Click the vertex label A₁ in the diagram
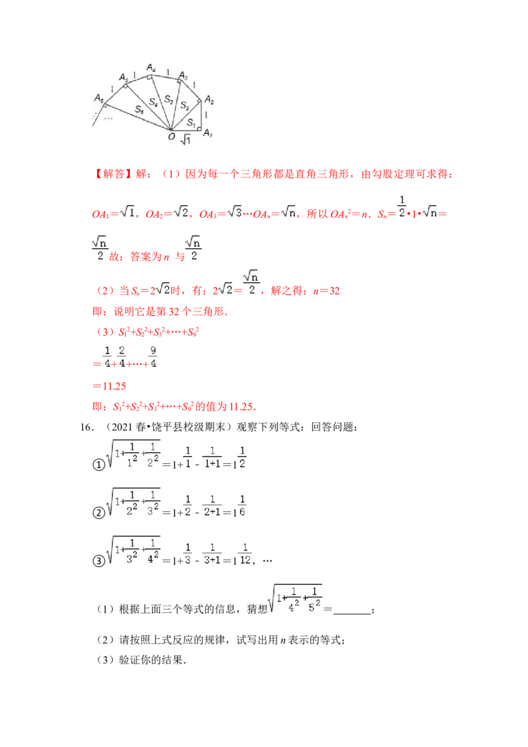(x=208, y=133)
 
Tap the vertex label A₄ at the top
(x=151, y=68)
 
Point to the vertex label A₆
(x=99, y=98)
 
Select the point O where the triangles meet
(x=172, y=136)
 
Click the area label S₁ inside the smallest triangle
(x=190, y=123)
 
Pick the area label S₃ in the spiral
(x=169, y=99)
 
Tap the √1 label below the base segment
(x=185, y=139)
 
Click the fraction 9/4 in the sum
(x=152, y=356)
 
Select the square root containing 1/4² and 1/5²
(x=295, y=599)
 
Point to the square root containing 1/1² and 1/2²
(x=135, y=454)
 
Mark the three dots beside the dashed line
(x=109, y=119)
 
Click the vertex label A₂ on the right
(x=209, y=100)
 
